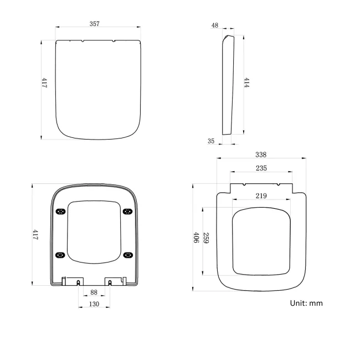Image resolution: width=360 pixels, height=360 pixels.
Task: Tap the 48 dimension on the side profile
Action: point(214,25)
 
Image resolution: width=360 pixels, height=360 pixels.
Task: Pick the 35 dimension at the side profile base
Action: point(211,141)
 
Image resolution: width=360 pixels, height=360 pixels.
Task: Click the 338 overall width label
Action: point(260,155)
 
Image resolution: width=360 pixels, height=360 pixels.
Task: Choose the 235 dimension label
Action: point(260,168)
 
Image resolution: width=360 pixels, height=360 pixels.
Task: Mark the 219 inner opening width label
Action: point(260,196)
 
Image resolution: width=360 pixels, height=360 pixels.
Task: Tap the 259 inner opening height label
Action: point(205,239)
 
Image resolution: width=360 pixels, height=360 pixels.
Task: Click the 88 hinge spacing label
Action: point(94,292)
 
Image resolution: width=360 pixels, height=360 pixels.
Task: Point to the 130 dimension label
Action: point(94,304)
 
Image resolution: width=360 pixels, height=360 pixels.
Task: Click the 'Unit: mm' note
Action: point(306,303)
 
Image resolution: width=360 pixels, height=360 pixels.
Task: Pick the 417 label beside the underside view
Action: point(35,234)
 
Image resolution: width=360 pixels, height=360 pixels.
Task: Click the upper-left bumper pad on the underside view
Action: point(61,210)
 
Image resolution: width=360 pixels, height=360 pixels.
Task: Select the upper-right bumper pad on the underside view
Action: point(128,210)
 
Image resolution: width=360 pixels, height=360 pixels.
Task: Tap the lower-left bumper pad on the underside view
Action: point(61,254)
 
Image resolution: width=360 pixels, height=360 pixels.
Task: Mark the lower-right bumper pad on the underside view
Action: point(128,254)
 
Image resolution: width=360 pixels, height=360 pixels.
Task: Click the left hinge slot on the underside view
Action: point(78,282)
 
